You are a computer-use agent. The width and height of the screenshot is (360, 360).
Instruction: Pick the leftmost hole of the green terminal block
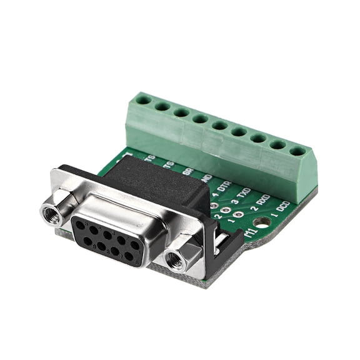coord(144,99)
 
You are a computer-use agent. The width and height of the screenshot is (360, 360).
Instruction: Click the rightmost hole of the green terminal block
coord(298,151)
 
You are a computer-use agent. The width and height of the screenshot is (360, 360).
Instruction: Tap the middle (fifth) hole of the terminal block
coord(219,125)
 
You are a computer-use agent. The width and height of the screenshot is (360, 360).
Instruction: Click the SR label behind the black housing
coord(187,169)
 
